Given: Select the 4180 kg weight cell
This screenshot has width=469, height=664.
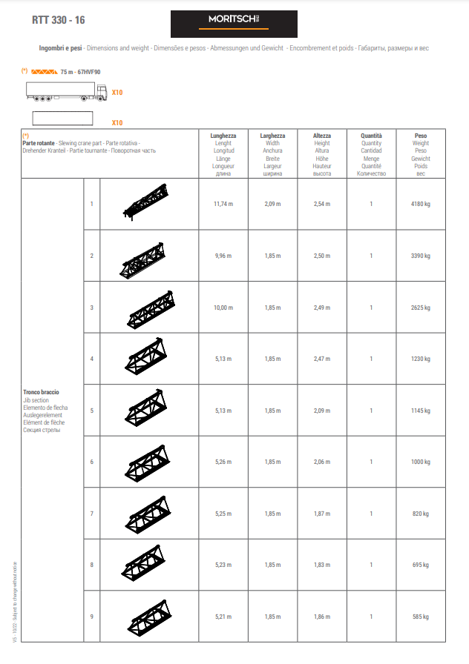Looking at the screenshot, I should [421, 204].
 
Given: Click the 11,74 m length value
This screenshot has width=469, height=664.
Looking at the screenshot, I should [223, 204].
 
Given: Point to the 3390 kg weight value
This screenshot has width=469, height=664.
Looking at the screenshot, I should [421, 256].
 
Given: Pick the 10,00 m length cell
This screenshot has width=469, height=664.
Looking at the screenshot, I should [223, 308].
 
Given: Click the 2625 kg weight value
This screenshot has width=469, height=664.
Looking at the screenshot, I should [421, 308].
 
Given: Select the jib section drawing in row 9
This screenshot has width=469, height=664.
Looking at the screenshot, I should [148, 616].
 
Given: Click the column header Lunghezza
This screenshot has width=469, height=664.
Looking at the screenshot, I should [223, 136].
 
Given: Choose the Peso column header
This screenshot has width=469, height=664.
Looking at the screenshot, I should [421, 136].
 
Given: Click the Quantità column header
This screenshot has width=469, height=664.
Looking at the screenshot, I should [371, 136].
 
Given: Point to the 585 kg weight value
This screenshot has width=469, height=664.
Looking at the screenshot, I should [421, 617].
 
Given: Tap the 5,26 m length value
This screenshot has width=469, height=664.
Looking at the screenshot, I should [223, 462].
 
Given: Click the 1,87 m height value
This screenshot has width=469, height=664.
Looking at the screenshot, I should [322, 514].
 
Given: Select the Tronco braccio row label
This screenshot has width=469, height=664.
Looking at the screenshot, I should [41, 392].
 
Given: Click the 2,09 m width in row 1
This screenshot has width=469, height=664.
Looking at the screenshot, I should [272, 204].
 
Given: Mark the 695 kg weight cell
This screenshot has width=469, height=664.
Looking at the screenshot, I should [421, 565].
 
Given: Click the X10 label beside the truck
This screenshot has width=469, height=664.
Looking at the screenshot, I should [117, 92].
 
